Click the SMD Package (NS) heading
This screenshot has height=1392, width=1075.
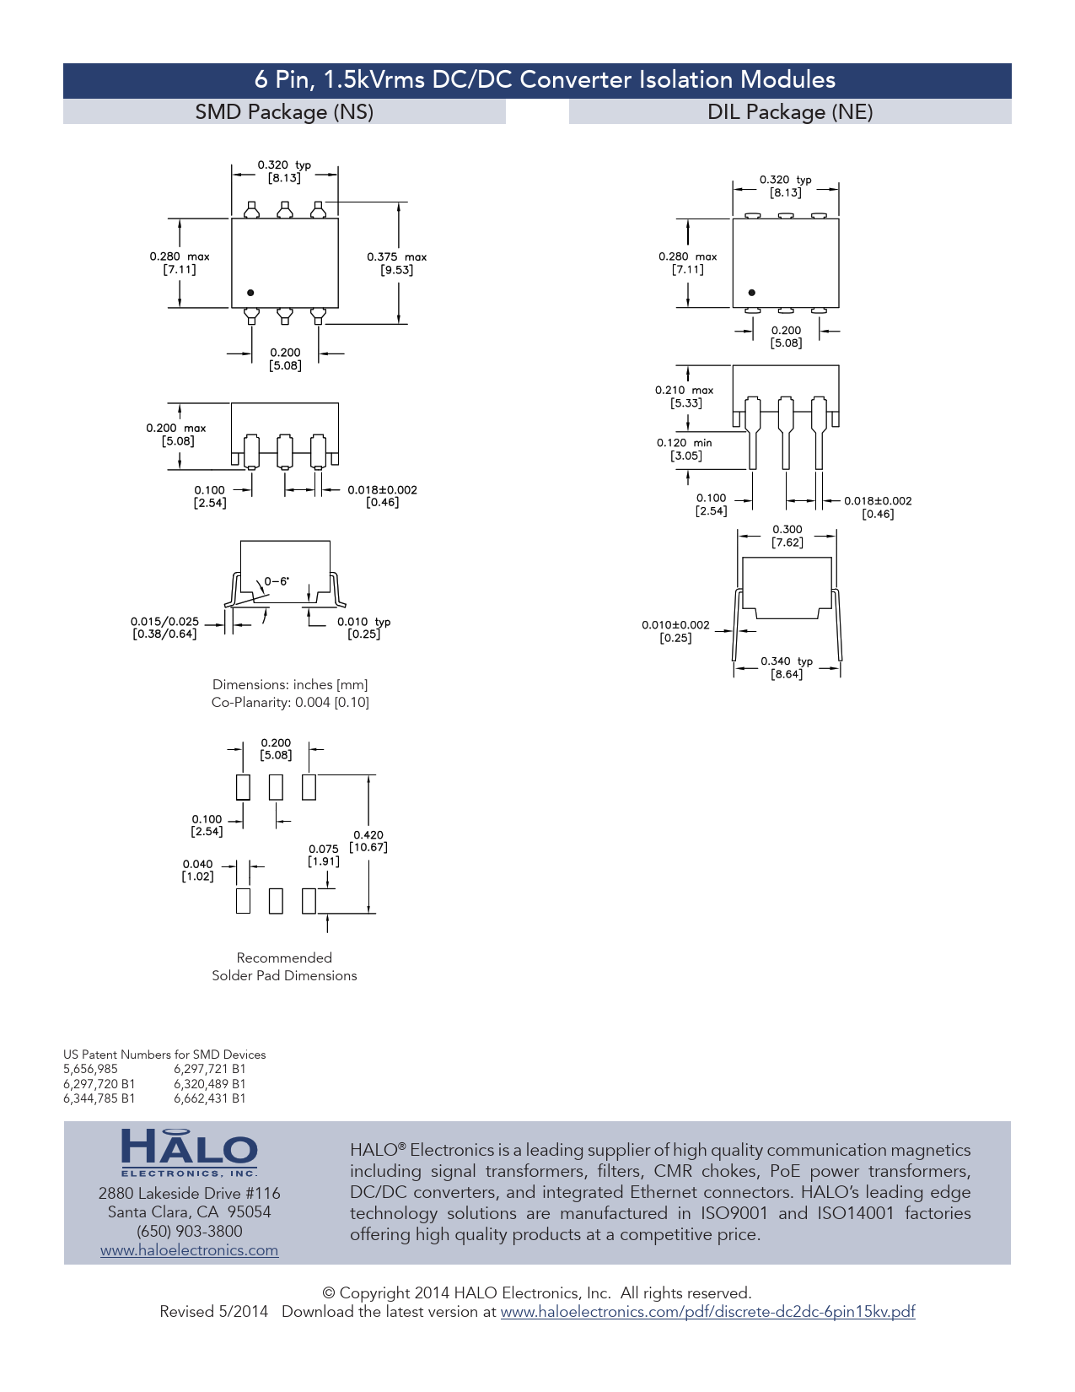coord(284,112)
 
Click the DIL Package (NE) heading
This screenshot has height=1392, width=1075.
coord(790,112)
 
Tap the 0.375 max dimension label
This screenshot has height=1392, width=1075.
coord(396,263)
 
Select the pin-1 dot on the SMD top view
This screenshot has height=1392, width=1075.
coord(250,293)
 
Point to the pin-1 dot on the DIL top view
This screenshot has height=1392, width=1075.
coord(752,293)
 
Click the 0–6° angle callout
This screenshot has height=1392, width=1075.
coord(277,581)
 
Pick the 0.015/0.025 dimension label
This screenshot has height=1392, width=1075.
coord(164,628)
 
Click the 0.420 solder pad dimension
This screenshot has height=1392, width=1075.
coord(368,841)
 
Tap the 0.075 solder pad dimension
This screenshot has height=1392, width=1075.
coord(323,855)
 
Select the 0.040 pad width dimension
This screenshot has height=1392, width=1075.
coord(197,870)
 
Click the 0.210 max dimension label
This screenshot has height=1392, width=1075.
coord(684,397)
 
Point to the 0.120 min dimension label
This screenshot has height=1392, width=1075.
coord(684,449)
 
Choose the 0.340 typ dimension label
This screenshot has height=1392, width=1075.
coord(787,667)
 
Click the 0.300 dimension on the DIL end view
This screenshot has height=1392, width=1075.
coord(787,536)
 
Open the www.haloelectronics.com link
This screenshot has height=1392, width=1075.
coord(190,1249)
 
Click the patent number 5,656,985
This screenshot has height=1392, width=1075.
coord(90,1069)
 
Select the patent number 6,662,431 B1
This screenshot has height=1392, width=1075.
coord(209,1098)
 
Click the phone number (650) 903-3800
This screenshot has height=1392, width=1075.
coord(190,1231)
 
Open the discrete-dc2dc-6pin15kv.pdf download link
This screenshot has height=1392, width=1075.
coord(707,1311)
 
